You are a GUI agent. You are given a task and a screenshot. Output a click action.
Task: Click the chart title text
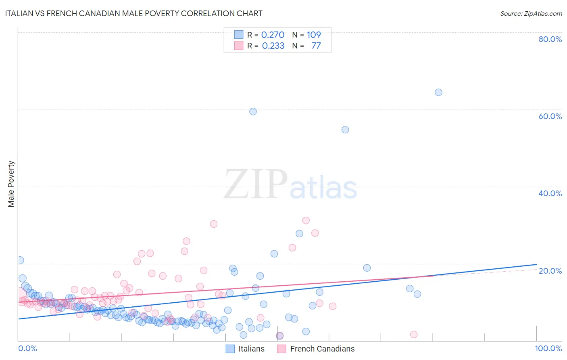[133, 13]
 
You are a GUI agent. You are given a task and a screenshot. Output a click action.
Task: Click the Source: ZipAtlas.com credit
[531, 13]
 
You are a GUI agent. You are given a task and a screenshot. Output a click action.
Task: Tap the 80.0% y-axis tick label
[550, 39]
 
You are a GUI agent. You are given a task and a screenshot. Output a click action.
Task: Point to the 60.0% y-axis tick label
[550, 116]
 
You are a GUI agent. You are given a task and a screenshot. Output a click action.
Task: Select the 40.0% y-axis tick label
[550, 193]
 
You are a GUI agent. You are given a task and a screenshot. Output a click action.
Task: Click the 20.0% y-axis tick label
[550, 270]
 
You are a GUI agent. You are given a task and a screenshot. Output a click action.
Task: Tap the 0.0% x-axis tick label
[27, 348]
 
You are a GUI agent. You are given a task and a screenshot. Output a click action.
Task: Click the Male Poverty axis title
[11, 184]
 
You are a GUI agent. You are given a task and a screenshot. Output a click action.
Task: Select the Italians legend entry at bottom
[245, 349]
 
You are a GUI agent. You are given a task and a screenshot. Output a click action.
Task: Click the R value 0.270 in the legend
[273, 35]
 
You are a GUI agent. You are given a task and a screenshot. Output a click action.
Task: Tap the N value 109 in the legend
[314, 35]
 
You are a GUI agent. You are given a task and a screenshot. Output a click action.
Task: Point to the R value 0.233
[273, 46]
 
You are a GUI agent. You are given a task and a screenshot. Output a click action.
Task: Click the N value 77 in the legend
[316, 46]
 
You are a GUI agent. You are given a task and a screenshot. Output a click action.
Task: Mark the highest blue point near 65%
[438, 92]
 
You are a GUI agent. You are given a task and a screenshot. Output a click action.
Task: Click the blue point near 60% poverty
[253, 111]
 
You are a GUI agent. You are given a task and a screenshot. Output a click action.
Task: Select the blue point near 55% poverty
[345, 130]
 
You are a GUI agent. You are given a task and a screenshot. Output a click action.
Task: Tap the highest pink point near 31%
[306, 220]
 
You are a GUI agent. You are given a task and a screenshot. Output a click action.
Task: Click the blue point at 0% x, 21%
[20, 260]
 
